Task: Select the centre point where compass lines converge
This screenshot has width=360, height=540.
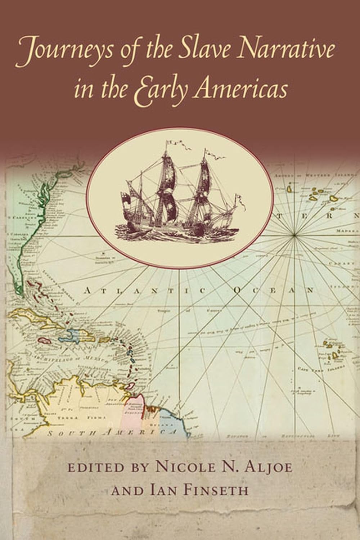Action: pyautogui.click(x=294, y=235)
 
